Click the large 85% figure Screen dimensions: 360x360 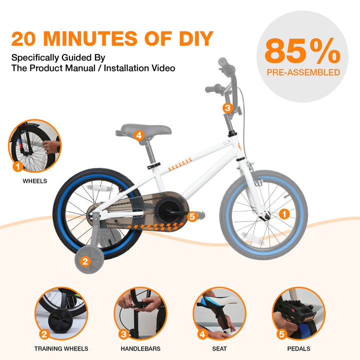pos(302,50)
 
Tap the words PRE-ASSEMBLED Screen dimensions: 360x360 pos(303,72)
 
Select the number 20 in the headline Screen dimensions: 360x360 pos(23,38)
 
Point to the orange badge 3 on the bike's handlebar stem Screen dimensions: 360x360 pos(227,107)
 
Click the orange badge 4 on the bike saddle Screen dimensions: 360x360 pos(139,135)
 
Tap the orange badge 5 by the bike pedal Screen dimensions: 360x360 pos(192,216)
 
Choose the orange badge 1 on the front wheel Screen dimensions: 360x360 pos(284,214)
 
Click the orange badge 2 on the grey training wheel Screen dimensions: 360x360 pos(85,261)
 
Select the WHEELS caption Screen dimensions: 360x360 pos(34,181)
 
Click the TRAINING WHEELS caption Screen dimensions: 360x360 pos(61,349)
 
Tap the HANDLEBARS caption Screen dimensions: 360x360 pos(140,349)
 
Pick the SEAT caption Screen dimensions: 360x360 pos(219,349)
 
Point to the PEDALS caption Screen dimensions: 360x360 pos(298,349)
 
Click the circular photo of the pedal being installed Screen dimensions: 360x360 pos(298,313)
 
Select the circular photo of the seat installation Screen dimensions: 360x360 pos(219,313)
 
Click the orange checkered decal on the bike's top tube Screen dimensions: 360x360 pos(180,164)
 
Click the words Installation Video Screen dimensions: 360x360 pos(139,68)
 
